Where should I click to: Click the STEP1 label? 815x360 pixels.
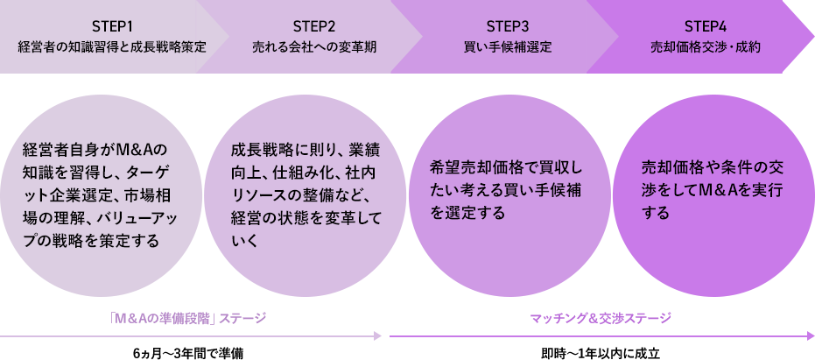112,24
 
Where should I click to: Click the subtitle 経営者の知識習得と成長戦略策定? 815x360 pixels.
112,46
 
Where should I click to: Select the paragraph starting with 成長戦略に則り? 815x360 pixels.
300,194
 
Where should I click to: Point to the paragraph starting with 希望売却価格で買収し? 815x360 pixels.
506,188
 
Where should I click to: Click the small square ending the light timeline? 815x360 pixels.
377,335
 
